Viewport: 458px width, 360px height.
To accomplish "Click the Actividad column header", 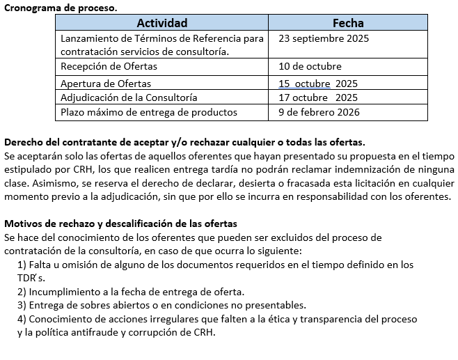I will click(162, 23).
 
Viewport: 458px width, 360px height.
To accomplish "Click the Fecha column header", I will click(348, 23).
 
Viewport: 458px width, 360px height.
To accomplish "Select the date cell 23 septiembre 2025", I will click(323, 38).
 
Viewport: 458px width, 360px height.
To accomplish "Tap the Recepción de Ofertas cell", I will click(109, 67).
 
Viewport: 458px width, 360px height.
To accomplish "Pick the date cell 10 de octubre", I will click(310, 67).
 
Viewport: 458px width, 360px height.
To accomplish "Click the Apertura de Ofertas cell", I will click(106, 84).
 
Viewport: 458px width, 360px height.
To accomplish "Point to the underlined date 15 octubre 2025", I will click(318, 84).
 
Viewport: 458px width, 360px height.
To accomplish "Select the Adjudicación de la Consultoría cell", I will click(129, 97).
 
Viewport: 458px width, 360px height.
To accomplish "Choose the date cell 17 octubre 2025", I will click(318, 97).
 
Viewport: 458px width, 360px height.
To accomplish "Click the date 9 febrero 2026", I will click(319, 112).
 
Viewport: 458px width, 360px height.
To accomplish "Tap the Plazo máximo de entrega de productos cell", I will click(149, 112).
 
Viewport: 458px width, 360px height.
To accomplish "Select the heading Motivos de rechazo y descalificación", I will click(121, 224).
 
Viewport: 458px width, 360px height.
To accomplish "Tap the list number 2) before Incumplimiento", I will click(22, 292).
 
